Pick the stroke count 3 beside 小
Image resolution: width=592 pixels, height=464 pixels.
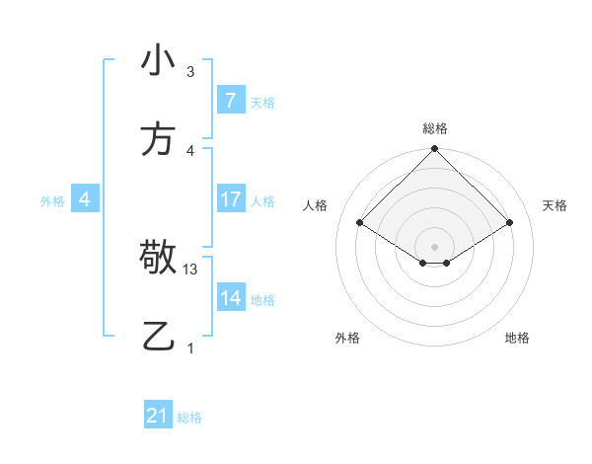pos(190,72)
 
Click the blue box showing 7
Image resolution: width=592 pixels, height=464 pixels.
pos(230,100)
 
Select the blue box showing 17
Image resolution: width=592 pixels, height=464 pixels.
pos(230,199)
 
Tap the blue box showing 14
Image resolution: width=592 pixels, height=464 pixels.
pos(230,298)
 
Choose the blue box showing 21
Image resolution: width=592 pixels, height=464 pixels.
pos(158,416)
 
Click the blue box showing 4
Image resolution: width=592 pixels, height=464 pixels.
pos(85,199)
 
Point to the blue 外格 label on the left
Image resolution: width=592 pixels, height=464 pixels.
pos(52,200)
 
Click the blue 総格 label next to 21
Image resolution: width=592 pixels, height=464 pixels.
pos(189,418)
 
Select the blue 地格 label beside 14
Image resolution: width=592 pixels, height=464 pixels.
pos(262,299)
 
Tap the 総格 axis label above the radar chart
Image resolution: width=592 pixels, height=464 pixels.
pos(434,128)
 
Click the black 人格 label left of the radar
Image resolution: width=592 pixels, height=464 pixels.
pos(316,205)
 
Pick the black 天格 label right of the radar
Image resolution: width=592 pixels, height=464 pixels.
pos(555,205)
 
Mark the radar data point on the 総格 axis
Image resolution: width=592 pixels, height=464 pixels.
pos(434,150)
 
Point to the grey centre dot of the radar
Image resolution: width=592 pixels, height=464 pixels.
pos(434,246)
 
